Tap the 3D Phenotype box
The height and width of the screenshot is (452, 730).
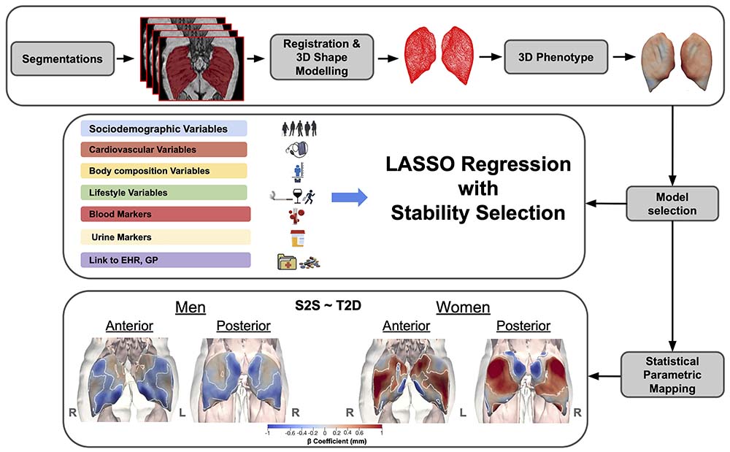(549, 56)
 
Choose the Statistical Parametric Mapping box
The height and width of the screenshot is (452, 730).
(671, 375)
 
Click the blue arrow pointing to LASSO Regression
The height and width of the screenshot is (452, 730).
(349, 197)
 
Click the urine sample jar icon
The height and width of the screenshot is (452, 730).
(297, 238)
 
